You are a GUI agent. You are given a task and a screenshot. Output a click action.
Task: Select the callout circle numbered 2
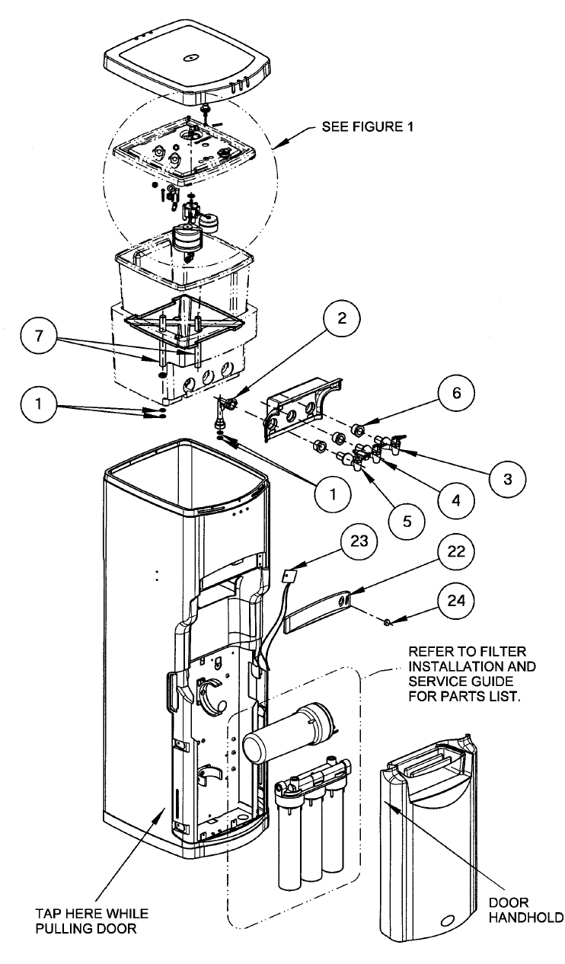343,320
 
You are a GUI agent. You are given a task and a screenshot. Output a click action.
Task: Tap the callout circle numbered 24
454,606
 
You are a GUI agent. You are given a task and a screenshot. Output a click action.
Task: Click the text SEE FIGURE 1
368,128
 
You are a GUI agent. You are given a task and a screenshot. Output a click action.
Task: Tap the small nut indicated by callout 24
388,623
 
